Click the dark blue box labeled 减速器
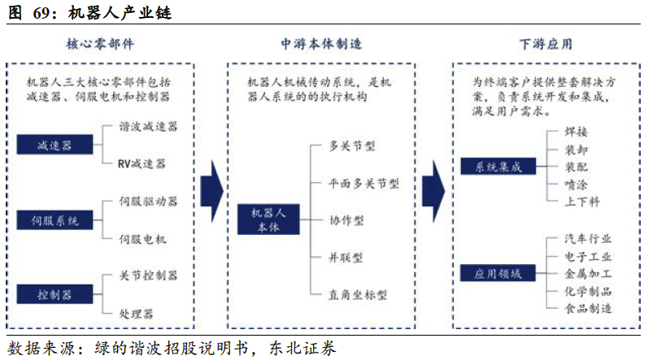pyautogui.click(x=55, y=145)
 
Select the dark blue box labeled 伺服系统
pyautogui.click(x=55, y=219)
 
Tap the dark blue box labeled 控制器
pyautogui.click(x=55, y=293)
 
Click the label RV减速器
pyautogui.click(x=141, y=163)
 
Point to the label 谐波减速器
pyautogui.click(x=148, y=127)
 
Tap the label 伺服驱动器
pyautogui.click(x=148, y=201)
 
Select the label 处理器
pyautogui.click(x=137, y=312)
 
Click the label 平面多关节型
pyautogui.click(x=363, y=184)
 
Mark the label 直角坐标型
pyautogui.click(x=358, y=294)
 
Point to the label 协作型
pyautogui.click(x=346, y=220)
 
